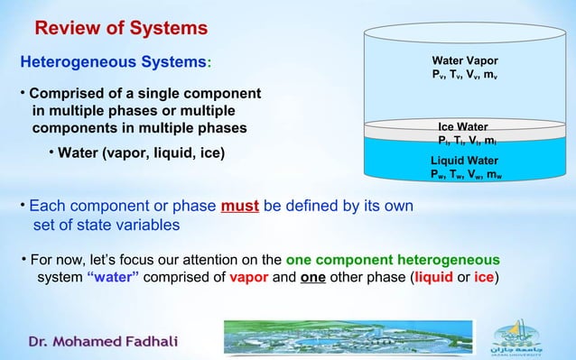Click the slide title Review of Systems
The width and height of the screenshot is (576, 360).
pyautogui.click(x=121, y=29)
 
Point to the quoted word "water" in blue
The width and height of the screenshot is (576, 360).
pyautogui.click(x=112, y=276)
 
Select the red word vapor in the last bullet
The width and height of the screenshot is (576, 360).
pyautogui.click(x=247, y=276)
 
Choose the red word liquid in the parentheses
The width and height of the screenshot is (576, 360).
pyautogui.click(x=437, y=276)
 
